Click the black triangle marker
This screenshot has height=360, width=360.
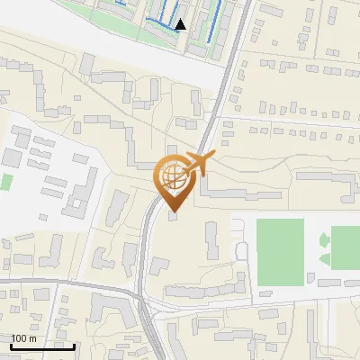point(181,24)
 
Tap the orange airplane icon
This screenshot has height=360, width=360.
point(198,164)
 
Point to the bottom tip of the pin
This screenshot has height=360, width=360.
point(173,212)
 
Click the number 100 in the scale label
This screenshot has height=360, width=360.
point(21,338)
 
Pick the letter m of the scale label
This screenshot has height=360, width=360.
point(33,338)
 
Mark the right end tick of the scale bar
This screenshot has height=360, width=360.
point(74,345)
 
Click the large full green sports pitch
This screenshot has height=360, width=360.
point(280,251)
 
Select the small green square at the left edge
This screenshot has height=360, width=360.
point(5,181)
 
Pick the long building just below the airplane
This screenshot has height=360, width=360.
point(234,192)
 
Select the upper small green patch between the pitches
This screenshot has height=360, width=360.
point(324,239)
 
